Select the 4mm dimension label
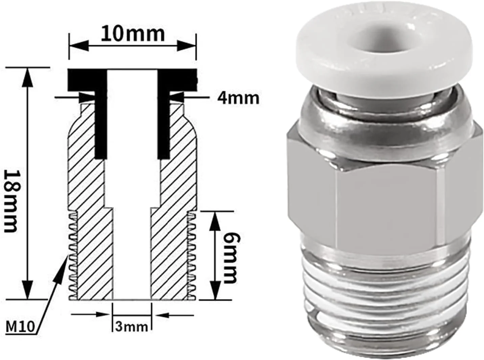238,98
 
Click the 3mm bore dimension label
131,327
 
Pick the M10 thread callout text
20,327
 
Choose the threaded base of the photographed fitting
386,298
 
